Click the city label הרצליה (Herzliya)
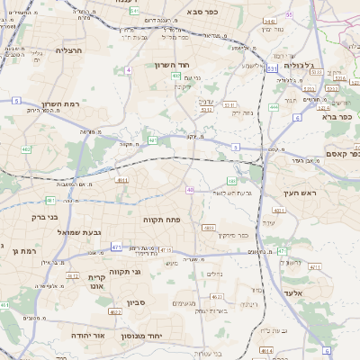pyautogui.click(x=67, y=51)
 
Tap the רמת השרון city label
pyautogui.click(x=79, y=104)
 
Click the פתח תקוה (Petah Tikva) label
pyautogui.click(x=164, y=219)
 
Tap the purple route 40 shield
pyautogui.click(x=189, y=190)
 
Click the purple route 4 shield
pyautogui.click(x=129, y=69)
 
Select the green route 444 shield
pyautogui.click(x=273, y=106)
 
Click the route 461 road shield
pyautogui.click(x=49, y=200)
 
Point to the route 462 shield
pyautogui.click(x=26, y=149)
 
